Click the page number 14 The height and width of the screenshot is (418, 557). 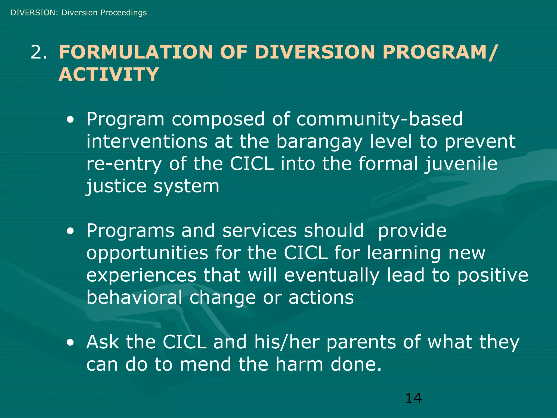tap(413, 398)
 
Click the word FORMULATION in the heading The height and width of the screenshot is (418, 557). tap(135, 52)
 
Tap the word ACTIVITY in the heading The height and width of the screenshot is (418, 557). tap(109, 74)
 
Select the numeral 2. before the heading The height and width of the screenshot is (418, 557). tap(39, 52)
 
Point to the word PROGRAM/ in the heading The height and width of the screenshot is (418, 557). tap(440, 52)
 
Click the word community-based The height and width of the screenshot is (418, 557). tap(379, 119)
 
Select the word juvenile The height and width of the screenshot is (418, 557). tap(461, 164)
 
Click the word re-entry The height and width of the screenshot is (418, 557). tap(124, 164)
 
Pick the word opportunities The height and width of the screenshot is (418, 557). tap(147, 253)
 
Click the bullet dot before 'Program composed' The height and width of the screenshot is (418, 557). tap(70, 120)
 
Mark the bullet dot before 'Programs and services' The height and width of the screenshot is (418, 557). tap(70, 232)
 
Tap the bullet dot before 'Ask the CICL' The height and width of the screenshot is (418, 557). tap(70, 343)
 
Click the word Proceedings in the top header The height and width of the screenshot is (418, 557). tap(123, 13)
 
